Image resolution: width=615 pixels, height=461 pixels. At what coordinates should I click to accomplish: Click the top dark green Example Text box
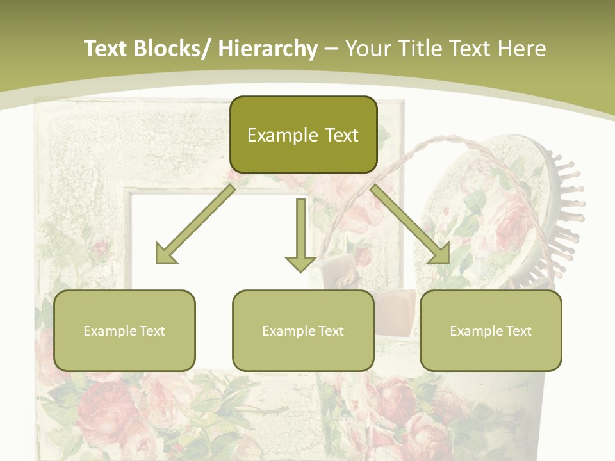click(303, 134)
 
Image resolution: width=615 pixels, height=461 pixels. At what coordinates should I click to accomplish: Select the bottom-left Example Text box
click(124, 330)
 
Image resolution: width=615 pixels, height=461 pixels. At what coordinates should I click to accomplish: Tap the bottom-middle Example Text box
click(303, 330)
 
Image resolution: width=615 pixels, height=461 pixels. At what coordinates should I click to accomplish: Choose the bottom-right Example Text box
click(491, 330)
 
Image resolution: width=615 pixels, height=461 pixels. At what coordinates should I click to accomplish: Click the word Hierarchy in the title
click(268, 49)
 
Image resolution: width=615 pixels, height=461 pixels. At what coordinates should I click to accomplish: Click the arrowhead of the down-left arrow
click(166, 253)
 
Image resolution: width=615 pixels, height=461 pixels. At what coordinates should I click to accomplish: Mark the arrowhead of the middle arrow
click(300, 262)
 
